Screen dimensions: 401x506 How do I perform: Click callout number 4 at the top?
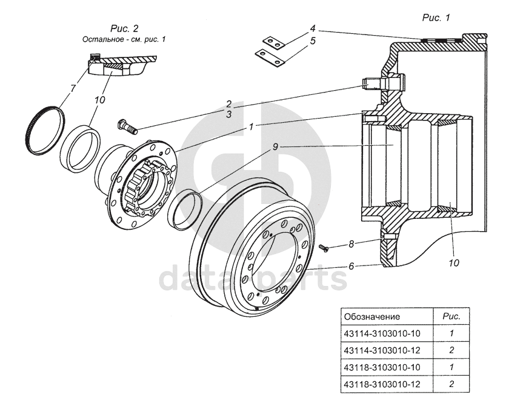(x=313, y=28)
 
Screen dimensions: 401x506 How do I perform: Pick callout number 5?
(x=313, y=41)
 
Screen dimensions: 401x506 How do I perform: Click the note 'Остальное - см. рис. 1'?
(x=124, y=39)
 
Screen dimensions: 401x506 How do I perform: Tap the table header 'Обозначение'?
(x=371, y=316)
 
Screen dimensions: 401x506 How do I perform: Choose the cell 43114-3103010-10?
(x=381, y=333)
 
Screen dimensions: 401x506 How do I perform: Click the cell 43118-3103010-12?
(x=381, y=383)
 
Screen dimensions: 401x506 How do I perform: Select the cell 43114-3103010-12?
(x=381, y=350)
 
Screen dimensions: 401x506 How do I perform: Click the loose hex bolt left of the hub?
(x=125, y=126)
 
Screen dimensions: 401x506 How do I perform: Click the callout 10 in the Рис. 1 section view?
(x=454, y=263)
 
